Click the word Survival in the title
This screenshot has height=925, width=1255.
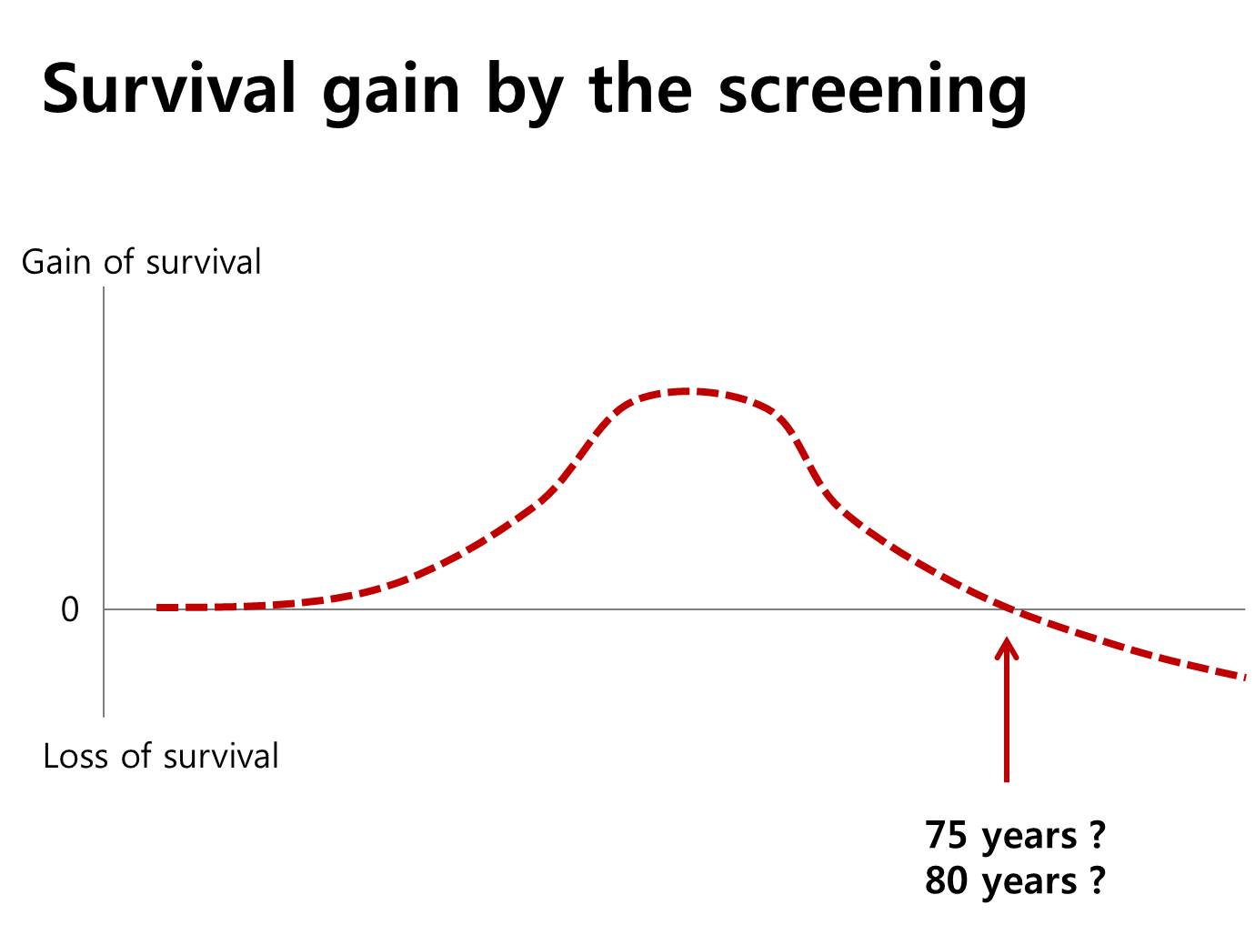(168, 88)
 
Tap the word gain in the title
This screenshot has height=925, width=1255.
(391, 93)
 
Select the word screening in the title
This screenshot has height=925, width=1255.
(872, 93)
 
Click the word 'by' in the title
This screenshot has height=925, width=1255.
(525, 93)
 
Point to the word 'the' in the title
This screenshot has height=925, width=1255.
(640, 88)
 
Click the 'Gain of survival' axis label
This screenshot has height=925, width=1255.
(141, 262)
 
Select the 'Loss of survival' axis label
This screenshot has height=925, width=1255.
(161, 756)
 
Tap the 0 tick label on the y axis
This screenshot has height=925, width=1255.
(70, 609)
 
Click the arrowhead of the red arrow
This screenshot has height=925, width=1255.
(1007, 639)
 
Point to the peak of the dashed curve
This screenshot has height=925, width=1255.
(685, 391)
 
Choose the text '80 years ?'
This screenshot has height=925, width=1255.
(1015, 881)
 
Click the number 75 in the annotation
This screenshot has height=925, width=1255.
(947, 835)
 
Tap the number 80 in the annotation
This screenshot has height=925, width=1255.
(947, 880)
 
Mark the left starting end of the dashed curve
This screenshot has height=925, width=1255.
(157, 608)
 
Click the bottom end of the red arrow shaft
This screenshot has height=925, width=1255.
(1007, 781)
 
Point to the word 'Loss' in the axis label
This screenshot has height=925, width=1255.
(75, 757)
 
